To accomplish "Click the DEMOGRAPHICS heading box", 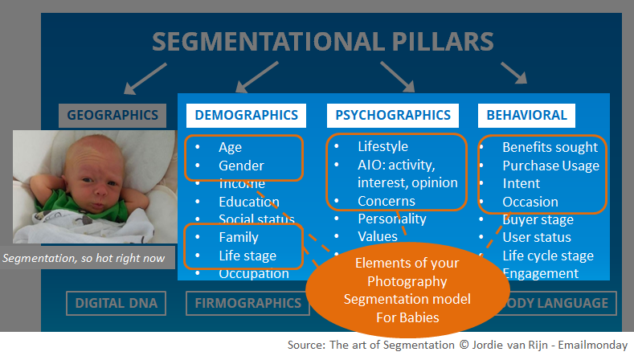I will pos(246,115).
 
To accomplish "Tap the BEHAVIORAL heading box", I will pos(526,115).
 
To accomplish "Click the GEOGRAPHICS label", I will pos(112,115).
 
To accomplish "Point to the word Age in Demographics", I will pos(230,147).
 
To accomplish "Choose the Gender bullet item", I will pos(241,166).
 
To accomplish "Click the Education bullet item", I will pos(248,202).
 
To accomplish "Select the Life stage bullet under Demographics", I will pos(247,256).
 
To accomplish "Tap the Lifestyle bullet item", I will pos(382,146).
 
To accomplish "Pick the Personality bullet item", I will pos(392,219).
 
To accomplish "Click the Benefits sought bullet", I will pos(550,147).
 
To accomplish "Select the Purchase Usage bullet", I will pos(550,166).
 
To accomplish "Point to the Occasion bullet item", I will pos(530,202).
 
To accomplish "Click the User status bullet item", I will pos(536,237).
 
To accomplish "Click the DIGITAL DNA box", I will pos(116,303).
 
